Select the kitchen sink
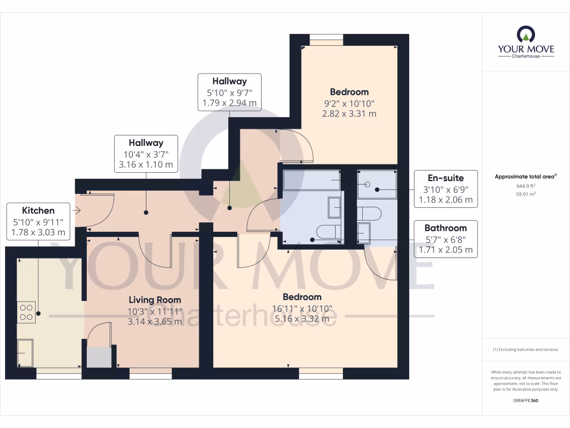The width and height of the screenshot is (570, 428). (x=25, y=353)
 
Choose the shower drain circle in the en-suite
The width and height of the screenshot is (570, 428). (x=367, y=184)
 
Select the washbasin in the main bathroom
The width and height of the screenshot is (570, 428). (x=335, y=207)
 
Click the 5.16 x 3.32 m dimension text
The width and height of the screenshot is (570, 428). (x=302, y=319)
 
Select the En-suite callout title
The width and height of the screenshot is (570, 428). (x=445, y=178)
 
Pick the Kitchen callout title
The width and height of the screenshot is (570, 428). (x=38, y=211)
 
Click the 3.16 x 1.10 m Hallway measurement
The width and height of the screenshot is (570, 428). (x=146, y=165)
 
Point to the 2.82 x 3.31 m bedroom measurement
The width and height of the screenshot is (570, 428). (x=349, y=113)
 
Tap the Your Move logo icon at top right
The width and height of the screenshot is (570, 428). (x=525, y=35)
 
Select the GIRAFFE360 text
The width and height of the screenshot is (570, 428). (x=525, y=401)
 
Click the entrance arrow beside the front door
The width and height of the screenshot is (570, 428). (x=77, y=210)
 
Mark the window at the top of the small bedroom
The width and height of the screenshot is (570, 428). (x=327, y=39)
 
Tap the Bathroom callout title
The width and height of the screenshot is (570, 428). (x=445, y=228)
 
